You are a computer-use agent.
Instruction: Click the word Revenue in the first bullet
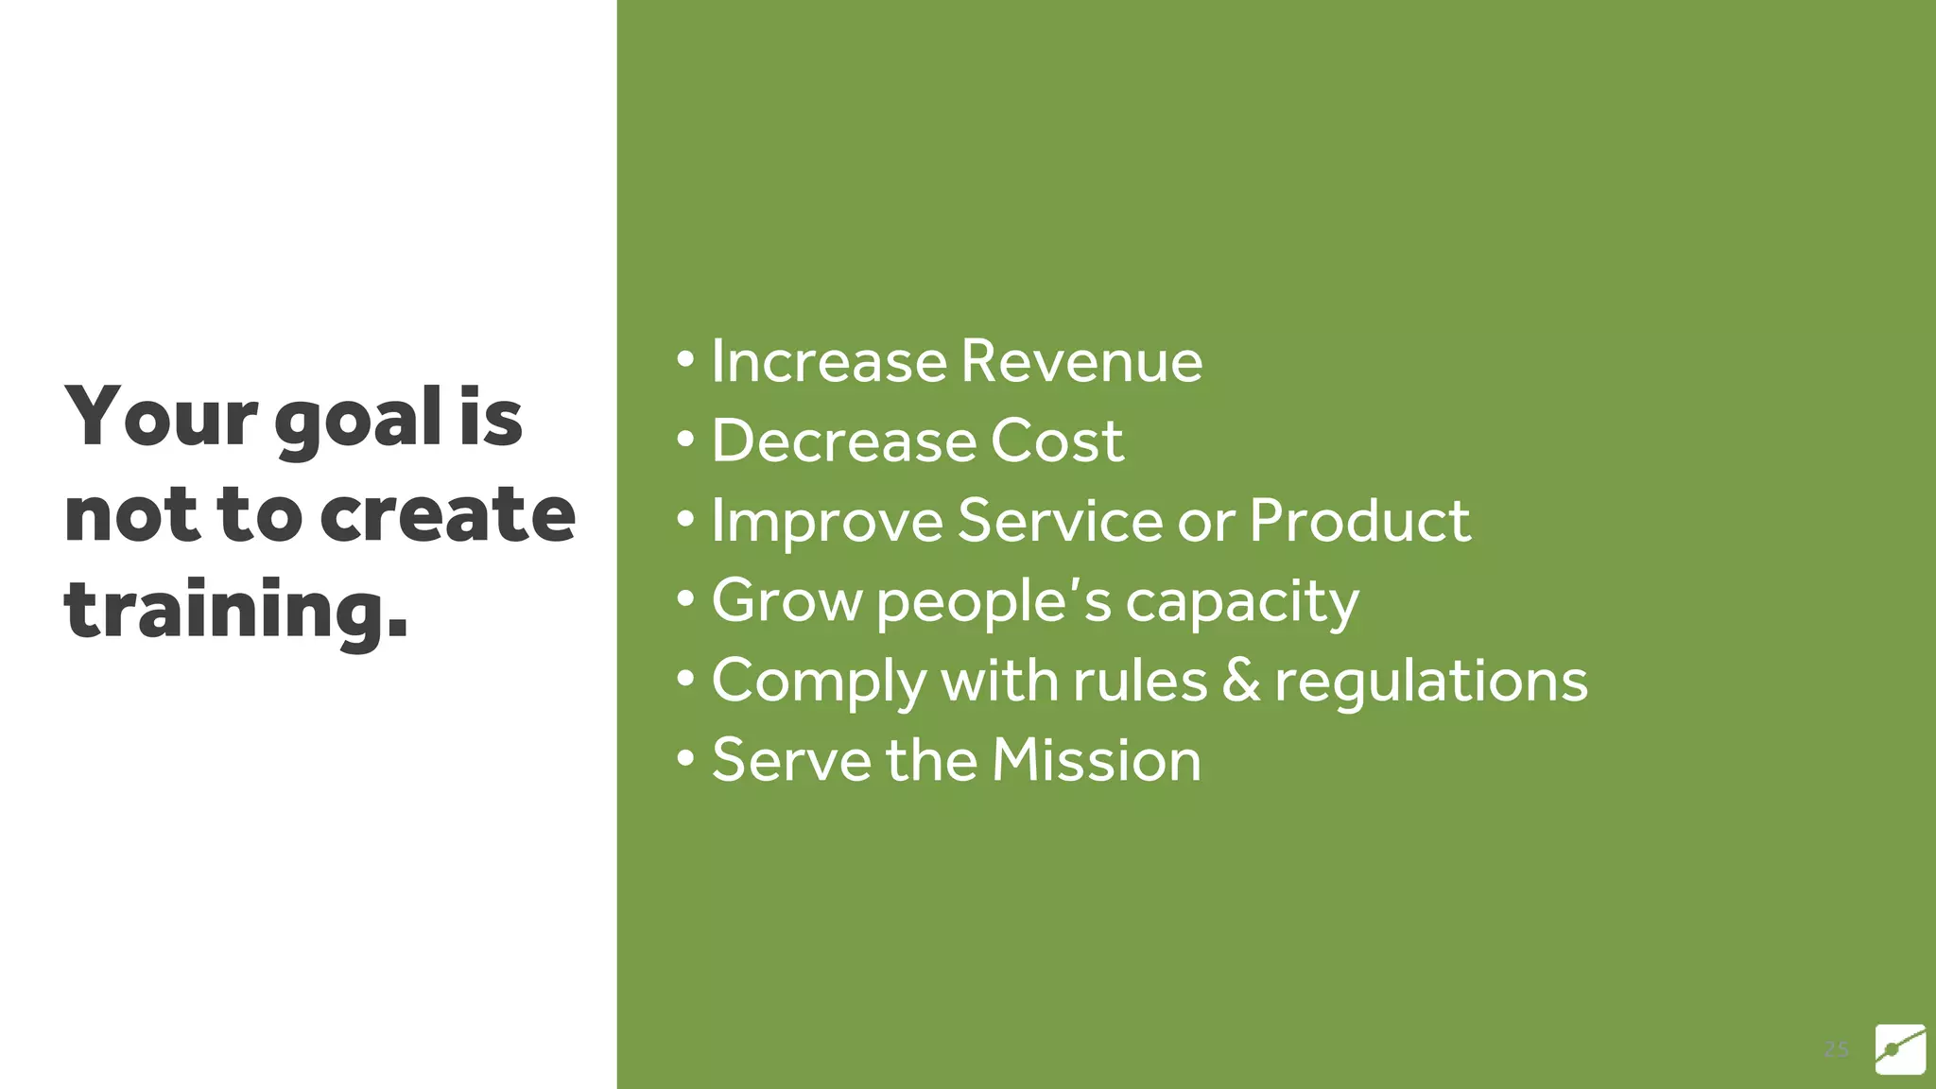coord(1080,361)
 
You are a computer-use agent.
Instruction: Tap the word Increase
coord(828,361)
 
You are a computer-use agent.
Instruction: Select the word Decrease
coord(843,441)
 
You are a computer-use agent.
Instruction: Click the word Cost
coord(1057,441)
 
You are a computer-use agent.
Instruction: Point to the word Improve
coord(827,522)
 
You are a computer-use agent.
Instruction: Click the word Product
coord(1359,520)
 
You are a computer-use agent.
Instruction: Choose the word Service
coord(1060,520)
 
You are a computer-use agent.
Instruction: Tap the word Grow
coord(786,600)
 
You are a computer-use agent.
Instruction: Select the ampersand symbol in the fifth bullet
coord(1241,681)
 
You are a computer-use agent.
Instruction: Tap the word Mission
coord(1096,760)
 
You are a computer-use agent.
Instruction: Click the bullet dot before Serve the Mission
coord(686,758)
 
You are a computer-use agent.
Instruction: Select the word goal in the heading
coord(359,420)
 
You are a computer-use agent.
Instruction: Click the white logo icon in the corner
coord(1900,1048)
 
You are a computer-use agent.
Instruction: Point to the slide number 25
coord(1836,1049)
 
